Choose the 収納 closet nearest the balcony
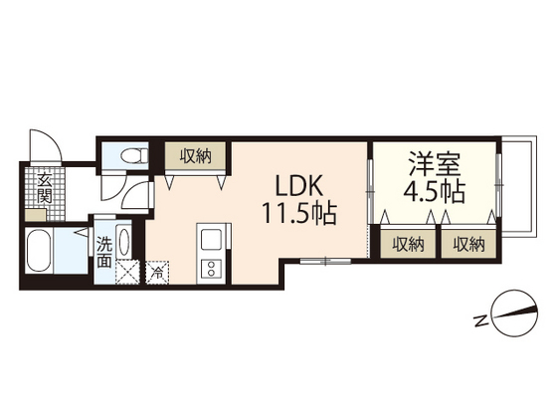click(x=464, y=244)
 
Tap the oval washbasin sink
click(x=123, y=242)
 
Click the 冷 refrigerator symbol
click(x=157, y=270)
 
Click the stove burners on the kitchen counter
click(x=211, y=267)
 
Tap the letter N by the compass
click(x=479, y=321)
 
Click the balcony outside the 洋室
click(x=516, y=189)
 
